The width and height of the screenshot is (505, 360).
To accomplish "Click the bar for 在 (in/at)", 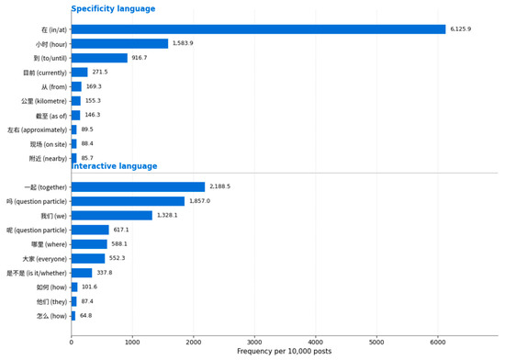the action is click(x=258, y=29).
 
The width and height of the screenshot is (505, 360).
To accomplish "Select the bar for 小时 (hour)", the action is click(x=119, y=43).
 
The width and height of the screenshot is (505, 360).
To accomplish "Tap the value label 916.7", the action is click(x=140, y=58).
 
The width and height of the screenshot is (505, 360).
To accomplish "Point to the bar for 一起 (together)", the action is click(x=138, y=186).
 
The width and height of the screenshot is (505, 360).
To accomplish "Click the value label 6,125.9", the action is click(x=461, y=29).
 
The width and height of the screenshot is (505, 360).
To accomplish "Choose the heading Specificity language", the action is click(x=113, y=8).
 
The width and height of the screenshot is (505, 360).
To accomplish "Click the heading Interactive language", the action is click(x=115, y=166).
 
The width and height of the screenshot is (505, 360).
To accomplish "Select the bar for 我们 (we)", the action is click(x=112, y=216).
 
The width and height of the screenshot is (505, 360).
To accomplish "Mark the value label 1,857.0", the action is click(x=199, y=201).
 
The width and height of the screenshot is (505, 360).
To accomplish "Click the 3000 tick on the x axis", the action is click(x=254, y=342).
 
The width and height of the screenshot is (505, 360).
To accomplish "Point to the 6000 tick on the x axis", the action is click(x=438, y=342).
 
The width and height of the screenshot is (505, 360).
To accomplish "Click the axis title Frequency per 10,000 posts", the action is click(x=284, y=351).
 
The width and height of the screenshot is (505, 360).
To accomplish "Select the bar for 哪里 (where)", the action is click(x=89, y=244).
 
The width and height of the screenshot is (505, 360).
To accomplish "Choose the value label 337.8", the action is click(x=105, y=273).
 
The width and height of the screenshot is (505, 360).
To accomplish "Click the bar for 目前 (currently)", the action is click(x=80, y=73).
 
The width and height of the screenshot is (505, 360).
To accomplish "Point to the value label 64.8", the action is click(x=85, y=316).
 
